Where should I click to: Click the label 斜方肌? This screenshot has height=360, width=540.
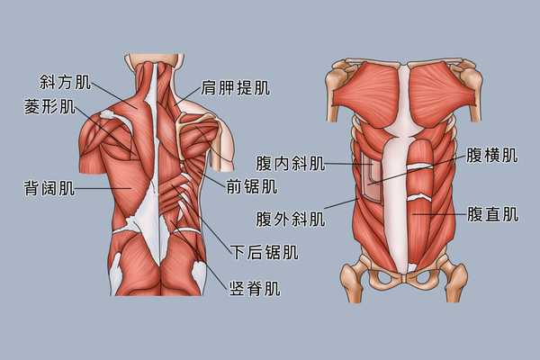[x=65, y=82]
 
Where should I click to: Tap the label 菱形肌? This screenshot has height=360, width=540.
[x=49, y=106]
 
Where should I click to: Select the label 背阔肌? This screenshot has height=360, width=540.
[x=49, y=188]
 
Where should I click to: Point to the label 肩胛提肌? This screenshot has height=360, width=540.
[x=235, y=87]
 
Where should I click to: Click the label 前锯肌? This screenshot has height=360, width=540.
[x=252, y=186]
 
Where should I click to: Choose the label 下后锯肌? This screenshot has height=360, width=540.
[x=264, y=252]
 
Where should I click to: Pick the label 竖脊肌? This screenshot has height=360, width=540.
[x=255, y=288]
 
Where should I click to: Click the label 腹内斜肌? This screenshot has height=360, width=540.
[x=291, y=163]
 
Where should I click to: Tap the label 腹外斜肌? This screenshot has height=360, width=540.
[x=291, y=219]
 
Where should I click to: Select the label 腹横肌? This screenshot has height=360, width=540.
[x=492, y=155]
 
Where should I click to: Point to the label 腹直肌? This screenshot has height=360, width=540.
[x=492, y=214]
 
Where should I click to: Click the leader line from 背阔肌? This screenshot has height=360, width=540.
[x=103, y=188]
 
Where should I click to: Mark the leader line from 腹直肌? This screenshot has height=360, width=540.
[x=439, y=214]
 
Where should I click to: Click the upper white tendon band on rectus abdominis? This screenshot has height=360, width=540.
[x=419, y=166]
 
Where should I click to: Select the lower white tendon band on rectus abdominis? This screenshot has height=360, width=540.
[x=418, y=197]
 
